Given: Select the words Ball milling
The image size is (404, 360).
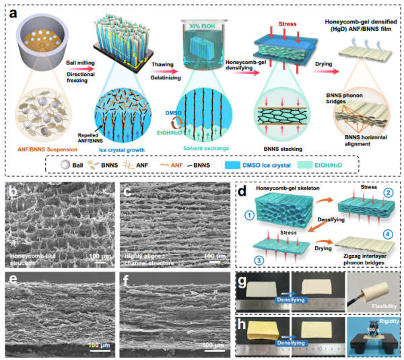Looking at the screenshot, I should pos(79,61).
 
